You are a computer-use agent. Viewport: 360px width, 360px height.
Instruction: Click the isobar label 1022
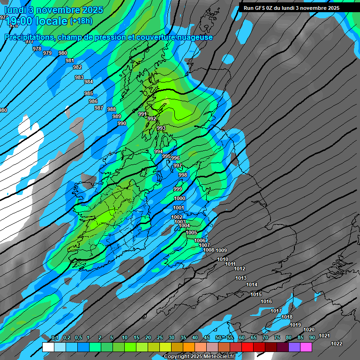(336, 344)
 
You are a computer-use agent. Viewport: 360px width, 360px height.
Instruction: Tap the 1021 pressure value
(324, 336)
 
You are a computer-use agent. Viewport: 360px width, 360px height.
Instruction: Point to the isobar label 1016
(266, 301)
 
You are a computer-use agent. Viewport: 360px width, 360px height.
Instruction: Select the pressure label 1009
(221, 250)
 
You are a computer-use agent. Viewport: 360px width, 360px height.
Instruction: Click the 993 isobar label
(161, 128)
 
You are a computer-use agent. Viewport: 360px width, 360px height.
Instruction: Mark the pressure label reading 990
(122, 123)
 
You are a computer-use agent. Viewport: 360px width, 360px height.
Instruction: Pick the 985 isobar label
(89, 93)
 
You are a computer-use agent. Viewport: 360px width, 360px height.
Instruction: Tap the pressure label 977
(30, 42)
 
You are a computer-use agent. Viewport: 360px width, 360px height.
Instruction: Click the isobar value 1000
(180, 198)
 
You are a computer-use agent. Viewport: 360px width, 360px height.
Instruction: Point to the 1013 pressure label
(241, 278)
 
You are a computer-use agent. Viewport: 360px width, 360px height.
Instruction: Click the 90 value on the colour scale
(312, 338)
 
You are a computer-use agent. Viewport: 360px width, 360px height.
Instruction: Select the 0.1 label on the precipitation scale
(55, 338)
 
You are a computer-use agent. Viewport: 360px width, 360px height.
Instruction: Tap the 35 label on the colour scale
(183, 338)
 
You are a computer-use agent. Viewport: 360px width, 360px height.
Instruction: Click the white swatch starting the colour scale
(48, 347)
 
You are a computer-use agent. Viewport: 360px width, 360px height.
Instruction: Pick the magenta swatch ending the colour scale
(306, 347)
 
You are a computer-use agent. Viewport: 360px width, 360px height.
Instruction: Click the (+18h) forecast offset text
(81, 21)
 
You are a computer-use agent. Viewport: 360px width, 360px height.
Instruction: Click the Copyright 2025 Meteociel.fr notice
(199, 356)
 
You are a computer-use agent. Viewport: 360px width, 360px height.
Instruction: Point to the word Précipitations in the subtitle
(30, 37)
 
